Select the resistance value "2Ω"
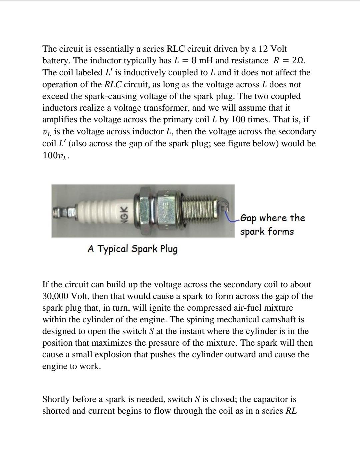[x=298, y=61]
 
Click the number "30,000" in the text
[x=55, y=296]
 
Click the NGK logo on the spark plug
[x=123, y=211]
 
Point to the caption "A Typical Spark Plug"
[x=133, y=249]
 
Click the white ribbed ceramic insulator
[x=97, y=211]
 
